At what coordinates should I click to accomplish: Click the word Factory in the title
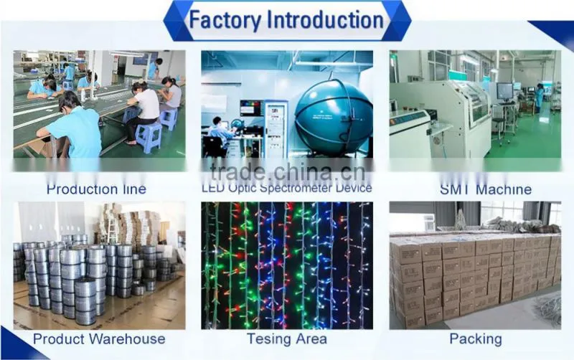click(x=225, y=20)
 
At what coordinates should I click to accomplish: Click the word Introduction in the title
click(x=326, y=20)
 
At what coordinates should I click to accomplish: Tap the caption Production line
click(x=96, y=189)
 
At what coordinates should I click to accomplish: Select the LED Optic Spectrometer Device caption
click(x=287, y=188)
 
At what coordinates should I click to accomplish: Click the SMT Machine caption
click(x=486, y=189)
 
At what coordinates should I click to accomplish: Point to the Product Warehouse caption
click(x=99, y=338)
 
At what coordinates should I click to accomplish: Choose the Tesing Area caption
click(x=286, y=338)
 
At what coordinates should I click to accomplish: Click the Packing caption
click(x=476, y=338)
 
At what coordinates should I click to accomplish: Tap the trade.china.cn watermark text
click(x=288, y=171)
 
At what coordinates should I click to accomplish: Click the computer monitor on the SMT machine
click(x=505, y=90)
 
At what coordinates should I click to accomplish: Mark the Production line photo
click(x=99, y=104)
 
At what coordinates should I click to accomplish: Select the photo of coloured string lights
click(x=287, y=265)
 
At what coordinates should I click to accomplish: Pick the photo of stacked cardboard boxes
click(x=475, y=265)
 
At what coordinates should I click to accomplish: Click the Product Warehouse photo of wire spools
click(x=99, y=265)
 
